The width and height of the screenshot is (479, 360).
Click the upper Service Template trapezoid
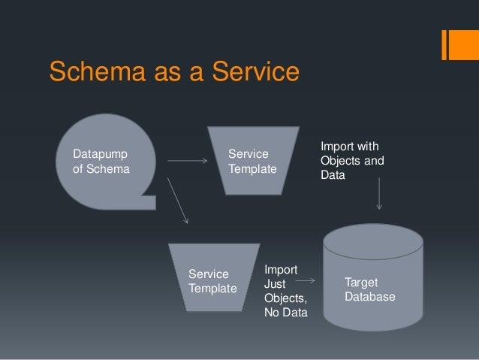pyautogui.click(x=252, y=162)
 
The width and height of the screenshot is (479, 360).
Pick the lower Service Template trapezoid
pyautogui.click(x=213, y=278)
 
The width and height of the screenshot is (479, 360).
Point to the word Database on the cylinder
pyautogui.click(x=370, y=298)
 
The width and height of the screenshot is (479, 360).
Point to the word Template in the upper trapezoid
pyautogui.click(x=252, y=169)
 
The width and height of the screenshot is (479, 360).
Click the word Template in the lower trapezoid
pyautogui.click(x=212, y=289)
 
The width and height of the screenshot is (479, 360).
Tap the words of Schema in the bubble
pyautogui.click(x=101, y=169)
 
